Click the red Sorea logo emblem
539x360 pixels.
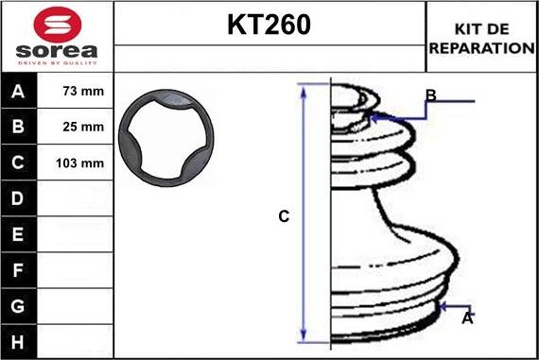tap(58, 25)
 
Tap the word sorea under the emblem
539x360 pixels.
tap(57, 51)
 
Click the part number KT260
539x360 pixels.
tap(269, 25)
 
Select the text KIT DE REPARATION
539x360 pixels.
tap(481, 39)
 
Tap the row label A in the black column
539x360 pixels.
tap(18, 92)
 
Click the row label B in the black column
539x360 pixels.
tap(18, 127)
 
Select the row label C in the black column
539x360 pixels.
tap(18, 163)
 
